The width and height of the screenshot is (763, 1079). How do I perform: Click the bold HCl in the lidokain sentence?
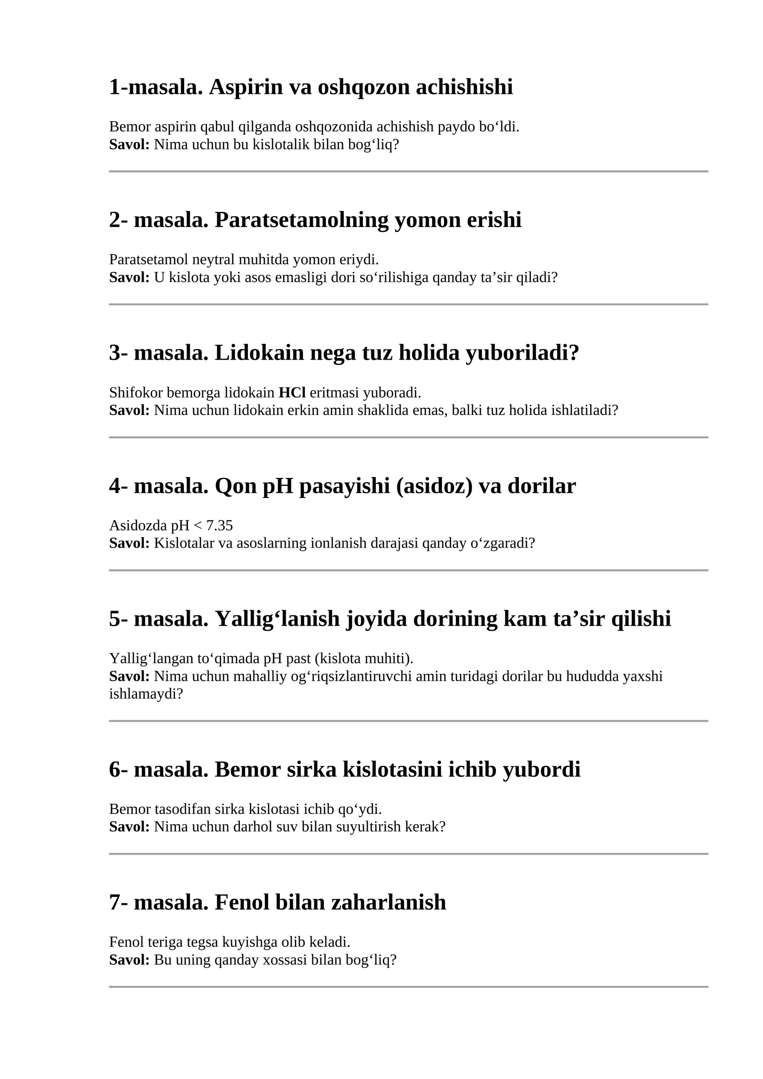tap(292, 393)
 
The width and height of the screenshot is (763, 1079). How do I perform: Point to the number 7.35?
tap(219, 526)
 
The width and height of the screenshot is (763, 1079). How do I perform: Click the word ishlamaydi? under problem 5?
tap(146, 694)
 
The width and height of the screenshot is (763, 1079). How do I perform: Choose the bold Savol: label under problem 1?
tap(129, 145)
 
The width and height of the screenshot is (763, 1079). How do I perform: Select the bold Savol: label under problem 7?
tap(129, 960)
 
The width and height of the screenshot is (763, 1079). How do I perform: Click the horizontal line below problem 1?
tap(408, 171)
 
